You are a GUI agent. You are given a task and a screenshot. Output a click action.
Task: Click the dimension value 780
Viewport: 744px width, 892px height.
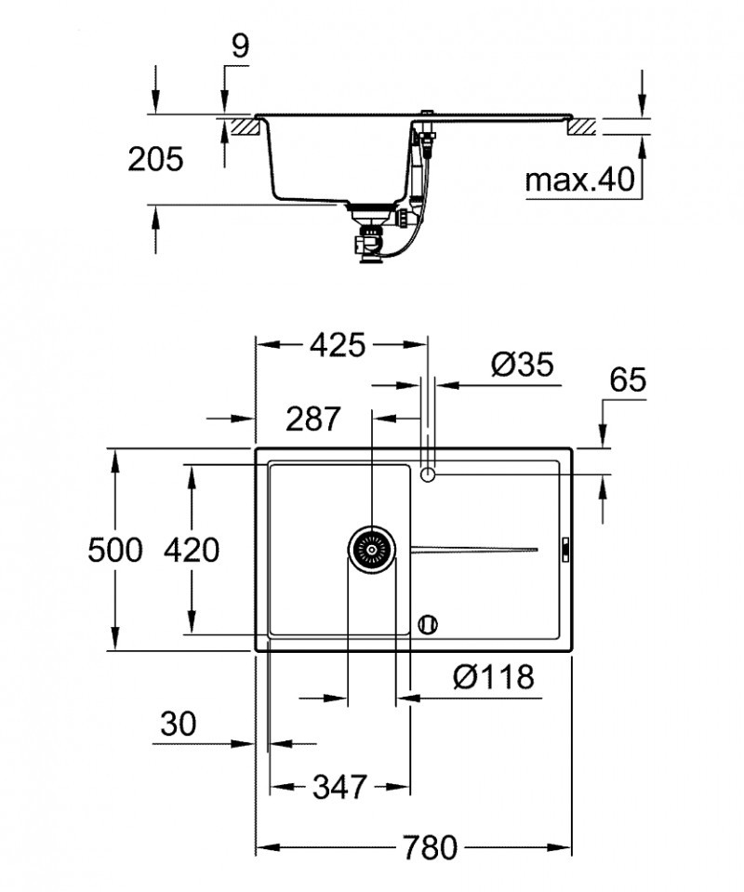(x=430, y=847)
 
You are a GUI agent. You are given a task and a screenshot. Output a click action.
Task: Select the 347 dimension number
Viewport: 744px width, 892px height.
(x=338, y=787)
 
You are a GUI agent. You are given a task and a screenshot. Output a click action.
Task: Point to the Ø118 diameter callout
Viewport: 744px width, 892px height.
(x=494, y=678)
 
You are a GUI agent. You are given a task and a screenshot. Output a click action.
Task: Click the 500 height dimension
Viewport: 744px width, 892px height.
(x=115, y=551)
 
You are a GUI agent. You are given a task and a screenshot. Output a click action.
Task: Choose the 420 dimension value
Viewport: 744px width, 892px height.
(x=192, y=551)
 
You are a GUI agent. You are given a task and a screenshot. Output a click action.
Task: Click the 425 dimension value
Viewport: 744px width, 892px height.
(x=337, y=346)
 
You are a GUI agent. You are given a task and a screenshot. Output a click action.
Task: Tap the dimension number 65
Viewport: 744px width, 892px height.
(x=629, y=380)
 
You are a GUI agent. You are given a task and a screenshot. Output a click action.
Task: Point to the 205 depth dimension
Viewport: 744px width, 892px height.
(x=155, y=159)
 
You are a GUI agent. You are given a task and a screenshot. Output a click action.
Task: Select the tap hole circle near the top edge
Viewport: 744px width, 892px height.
(x=428, y=474)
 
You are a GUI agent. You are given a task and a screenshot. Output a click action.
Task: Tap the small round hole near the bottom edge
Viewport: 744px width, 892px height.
(x=428, y=623)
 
